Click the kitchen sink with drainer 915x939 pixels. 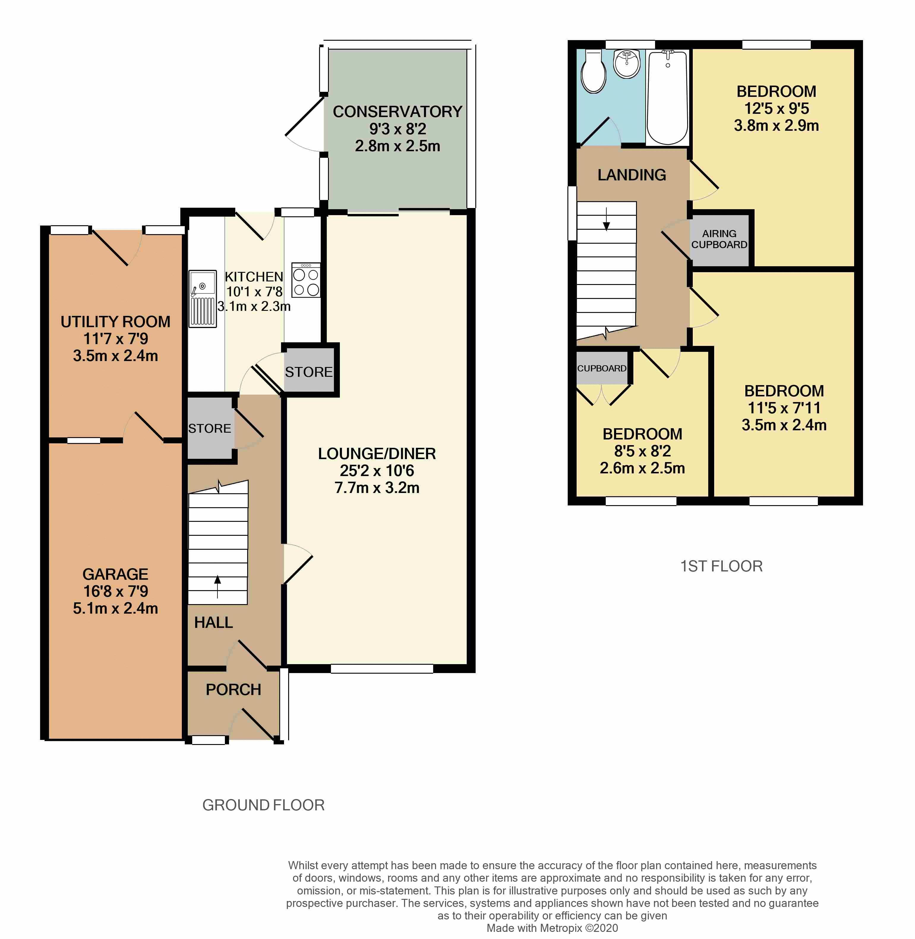pyautogui.click(x=202, y=299)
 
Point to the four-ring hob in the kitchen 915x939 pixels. pyautogui.click(x=306, y=280)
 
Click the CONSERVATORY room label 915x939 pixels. pyautogui.click(x=397, y=111)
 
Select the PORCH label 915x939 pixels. pyautogui.click(x=234, y=689)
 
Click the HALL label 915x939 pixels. pyautogui.click(x=213, y=623)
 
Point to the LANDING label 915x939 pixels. pyautogui.click(x=632, y=175)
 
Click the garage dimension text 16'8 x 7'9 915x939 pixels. pyautogui.click(x=115, y=591)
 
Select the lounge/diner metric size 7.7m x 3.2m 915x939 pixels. pyautogui.click(x=377, y=488)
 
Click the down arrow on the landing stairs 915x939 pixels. pyautogui.click(x=606, y=219)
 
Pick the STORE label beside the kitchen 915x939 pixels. pyautogui.click(x=309, y=372)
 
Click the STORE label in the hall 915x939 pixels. pyautogui.click(x=209, y=428)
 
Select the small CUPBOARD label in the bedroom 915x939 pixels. pyautogui.click(x=602, y=368)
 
